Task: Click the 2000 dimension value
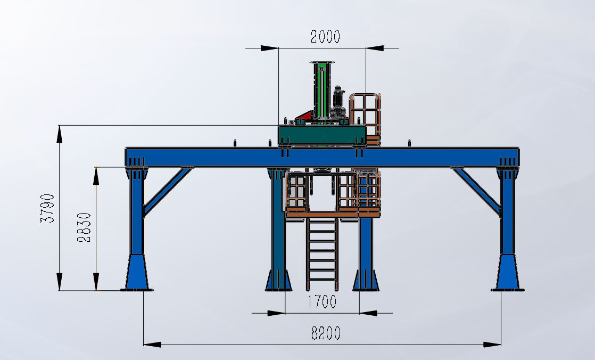coord(325,37)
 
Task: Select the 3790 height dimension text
coord(48,208)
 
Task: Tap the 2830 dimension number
coord(84,227)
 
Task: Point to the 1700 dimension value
coord(322,302)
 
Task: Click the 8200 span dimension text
coord(326,333)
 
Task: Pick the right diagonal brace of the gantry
coord(477,191)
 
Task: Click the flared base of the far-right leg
coord(508,272)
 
